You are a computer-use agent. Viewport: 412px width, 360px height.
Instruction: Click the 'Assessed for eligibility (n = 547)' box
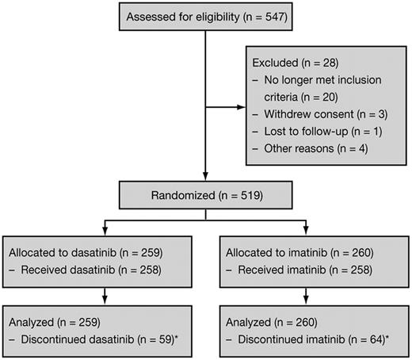click(x=205, y=18)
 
